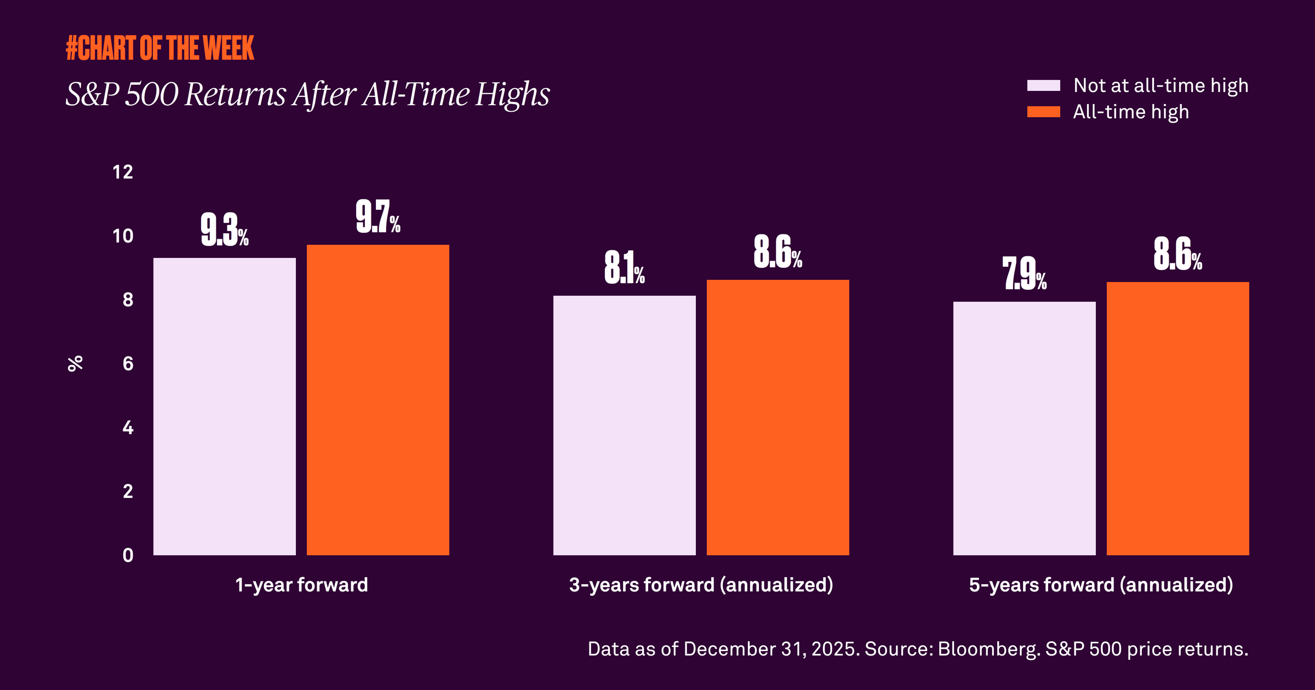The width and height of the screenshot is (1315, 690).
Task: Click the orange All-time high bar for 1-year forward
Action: [378, 400]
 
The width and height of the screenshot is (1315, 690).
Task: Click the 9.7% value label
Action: [378, 217]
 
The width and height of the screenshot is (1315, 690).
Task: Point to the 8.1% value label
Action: [624, 268]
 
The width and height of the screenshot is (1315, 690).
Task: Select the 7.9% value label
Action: [1024, 273]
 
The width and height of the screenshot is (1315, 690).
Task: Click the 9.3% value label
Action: [224, 230]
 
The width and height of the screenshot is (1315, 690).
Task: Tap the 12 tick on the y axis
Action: [123, 173]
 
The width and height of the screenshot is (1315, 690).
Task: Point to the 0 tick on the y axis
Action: [128, 555]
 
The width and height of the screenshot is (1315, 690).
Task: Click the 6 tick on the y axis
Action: [128, 364]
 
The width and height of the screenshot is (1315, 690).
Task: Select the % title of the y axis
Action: [75, 363]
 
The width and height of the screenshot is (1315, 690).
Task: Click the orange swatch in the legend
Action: [1043, 112]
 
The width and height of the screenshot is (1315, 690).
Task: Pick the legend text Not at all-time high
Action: [1160, 85]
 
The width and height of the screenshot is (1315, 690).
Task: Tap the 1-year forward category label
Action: [301, 585]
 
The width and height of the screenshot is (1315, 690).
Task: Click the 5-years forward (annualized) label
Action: [1101, 585]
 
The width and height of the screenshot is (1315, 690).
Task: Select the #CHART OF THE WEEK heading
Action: [160, 48]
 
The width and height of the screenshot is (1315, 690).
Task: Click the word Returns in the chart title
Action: [235, 94]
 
